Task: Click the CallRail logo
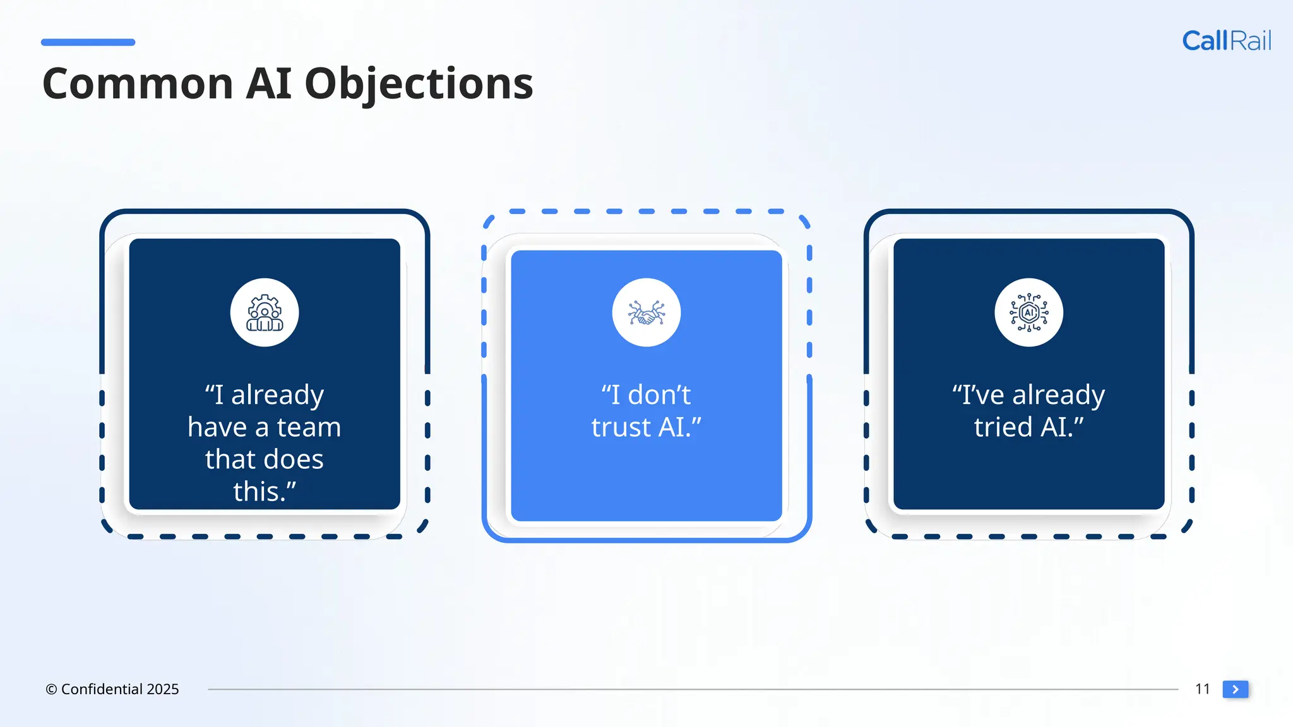click(1226, 41)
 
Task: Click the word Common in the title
click(138, 84)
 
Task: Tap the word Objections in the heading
click(419, 84)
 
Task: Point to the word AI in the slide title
click(268, 84)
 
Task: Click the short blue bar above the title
click(88, 42)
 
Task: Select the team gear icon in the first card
click(265, 313)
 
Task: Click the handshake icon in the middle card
click(646, 313)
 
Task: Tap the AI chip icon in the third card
click(1028, 313)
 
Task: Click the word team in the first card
click(309, 428)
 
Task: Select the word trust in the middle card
click(621, 428)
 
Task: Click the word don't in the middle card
click(659, 396)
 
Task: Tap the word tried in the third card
click(1003, 428)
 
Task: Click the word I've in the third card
click(979, 396)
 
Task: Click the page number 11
click(1202, 689)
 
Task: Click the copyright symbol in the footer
click(51, 690)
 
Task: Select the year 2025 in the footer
click(163, 690)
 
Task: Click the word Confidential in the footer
click(102, 690)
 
